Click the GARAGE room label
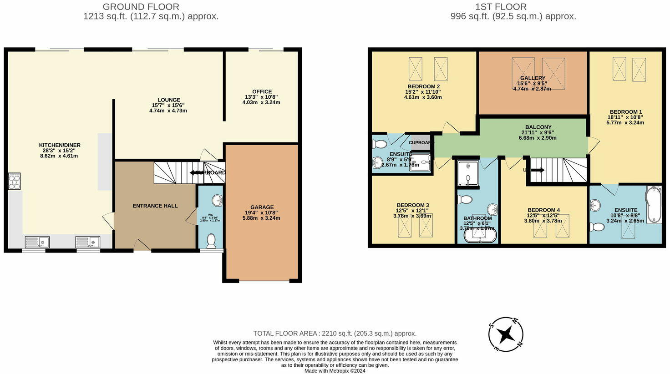(x=262, y=207)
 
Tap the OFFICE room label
(x=262, y=92)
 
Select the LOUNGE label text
(x=169, y=100)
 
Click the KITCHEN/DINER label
(x=60, y=145)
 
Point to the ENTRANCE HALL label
(x=155, y=206)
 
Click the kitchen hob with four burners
(x=14, y=182)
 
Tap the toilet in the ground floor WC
(x=211, y=241)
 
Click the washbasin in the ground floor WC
(x=217, y=200)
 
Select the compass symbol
(x=505, y=335)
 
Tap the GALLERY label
(x=533, y=78)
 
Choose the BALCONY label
(x=538, y=127)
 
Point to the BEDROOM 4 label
(x=543, y=210)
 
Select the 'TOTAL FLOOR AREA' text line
(x=335, y=334)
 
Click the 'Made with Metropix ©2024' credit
(x=335, y=371)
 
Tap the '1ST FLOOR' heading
(x=513, y=7)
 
